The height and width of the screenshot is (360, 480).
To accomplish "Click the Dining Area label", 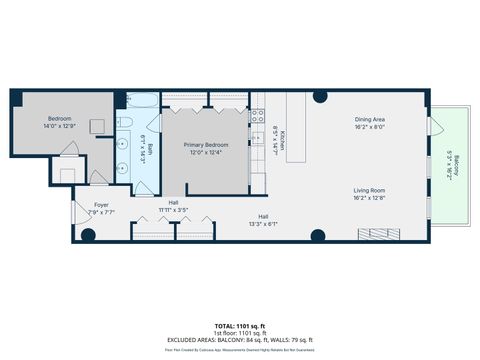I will point(369,120).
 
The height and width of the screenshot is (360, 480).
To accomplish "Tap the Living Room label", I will point(369,189).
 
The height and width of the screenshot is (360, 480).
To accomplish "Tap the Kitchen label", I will point(283,139).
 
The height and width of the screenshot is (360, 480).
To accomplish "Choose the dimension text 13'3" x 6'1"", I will point(264,223).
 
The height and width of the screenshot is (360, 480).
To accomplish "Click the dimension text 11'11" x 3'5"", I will point(173,209).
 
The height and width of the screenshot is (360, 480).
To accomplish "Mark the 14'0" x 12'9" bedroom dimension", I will point(59,127).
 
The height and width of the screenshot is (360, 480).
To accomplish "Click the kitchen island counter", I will point(296,130).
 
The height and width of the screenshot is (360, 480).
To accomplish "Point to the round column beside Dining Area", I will point(318,98).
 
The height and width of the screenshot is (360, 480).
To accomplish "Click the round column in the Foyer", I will point(88,236).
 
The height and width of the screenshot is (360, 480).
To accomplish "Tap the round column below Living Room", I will point(318,236).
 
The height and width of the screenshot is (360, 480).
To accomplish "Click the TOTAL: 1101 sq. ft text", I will point(239,326).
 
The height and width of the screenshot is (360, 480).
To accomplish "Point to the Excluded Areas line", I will point(239,340).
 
